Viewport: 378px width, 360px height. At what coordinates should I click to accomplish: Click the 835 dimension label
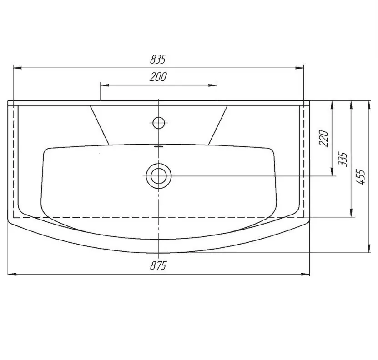pyautogui.click(x=158, y=59)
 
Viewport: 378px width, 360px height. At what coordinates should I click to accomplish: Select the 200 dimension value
pyautogui.click(x=158, y=77)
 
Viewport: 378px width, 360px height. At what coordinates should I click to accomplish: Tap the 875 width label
pyautogui.click(x=158, y=266)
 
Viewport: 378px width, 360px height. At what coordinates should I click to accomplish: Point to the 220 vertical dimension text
pyautogui.click(x=323, y=138)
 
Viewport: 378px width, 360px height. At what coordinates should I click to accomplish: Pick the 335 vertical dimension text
pyautogui.click(x=343, y=159)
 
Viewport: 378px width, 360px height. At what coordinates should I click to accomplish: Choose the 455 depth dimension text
pyautogui.click(x=361, y=177)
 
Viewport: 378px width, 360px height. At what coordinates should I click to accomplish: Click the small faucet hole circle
pyautogui.click(x=159, y=123)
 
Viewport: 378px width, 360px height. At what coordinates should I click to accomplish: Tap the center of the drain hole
pyautogui.click(x=159, y=176)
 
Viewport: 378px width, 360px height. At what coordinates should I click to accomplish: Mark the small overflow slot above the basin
pyautogui.click(x=159, y=146)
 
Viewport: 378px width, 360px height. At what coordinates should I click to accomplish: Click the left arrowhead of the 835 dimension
pyautogui.click(x=17, y=68)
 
